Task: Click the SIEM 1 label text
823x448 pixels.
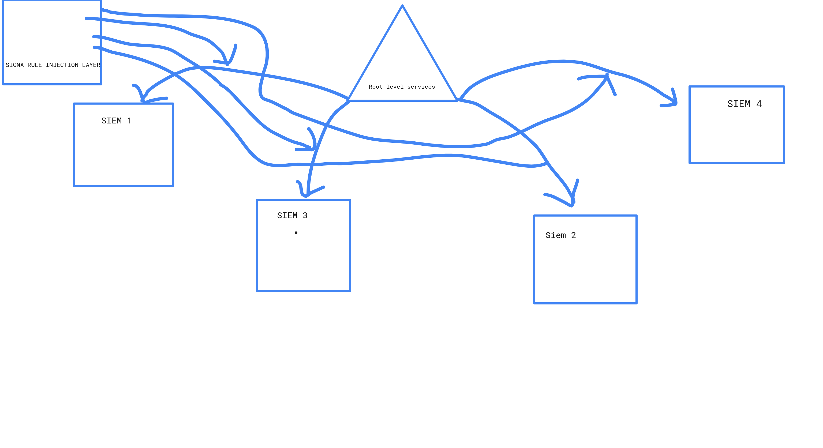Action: click(116, 121)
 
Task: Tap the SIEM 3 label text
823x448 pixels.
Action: click(292, 216)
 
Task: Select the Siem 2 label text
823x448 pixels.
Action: click(560, 235)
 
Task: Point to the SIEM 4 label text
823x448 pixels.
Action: click(745, 104)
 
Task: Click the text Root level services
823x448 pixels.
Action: click(402, 87)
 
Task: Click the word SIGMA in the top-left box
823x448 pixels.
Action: click(15, 65)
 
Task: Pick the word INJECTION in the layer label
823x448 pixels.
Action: click(62, 65)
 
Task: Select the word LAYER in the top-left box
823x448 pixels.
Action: click(91, 65)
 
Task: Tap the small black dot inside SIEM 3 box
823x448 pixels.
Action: click(296, 233)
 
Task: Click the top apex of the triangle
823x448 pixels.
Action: click(402, 6)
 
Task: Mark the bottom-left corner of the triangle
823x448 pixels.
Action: click(349, 101)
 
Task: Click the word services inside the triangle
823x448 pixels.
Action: click(421, 87)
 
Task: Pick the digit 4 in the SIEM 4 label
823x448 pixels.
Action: click(759, 104)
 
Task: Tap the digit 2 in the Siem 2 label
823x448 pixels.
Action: click(574, 235)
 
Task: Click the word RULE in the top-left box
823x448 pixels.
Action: click(35, 65)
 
